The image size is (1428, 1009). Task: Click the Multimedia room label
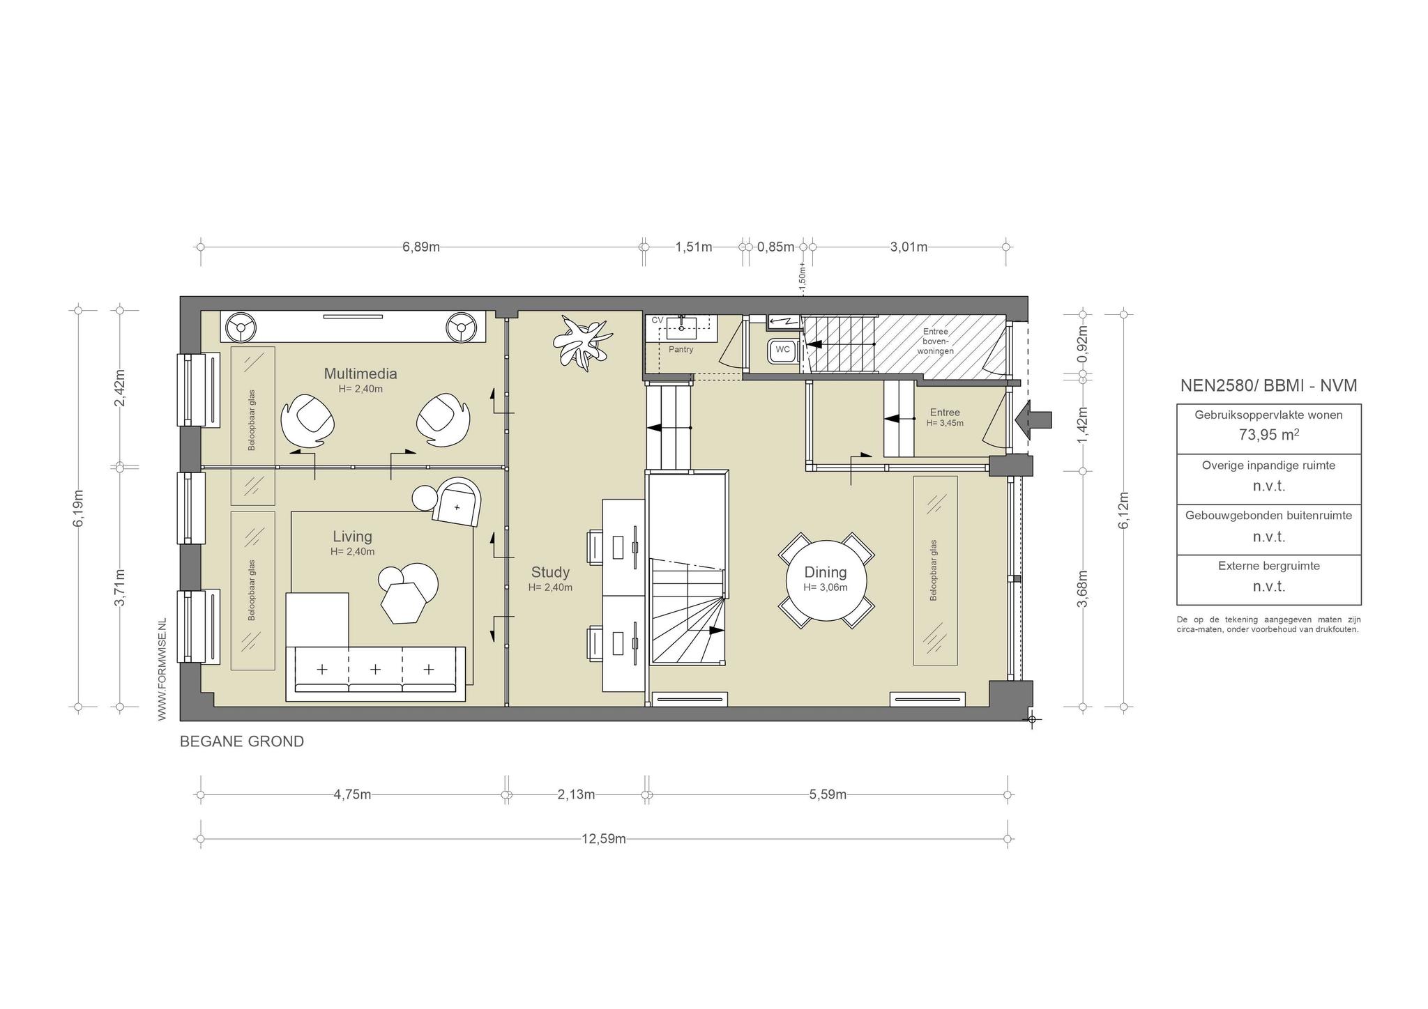pyautogui.click(x=360, y=373)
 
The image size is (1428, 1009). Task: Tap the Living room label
pyautogui.click(x=352, y=537)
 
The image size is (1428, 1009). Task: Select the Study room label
pyautogui.click(x=550, y=572)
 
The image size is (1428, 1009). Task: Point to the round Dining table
pyautogui.click(x=826, y=580)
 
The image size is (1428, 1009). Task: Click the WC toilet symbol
pyautogui.click(x=782, y=350)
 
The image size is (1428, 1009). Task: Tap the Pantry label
pyautogui.click(x=681, y=349)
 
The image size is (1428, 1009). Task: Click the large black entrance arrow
pyautogui.click(x=1033, y=419)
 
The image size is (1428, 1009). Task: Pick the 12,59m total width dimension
pyautogui.click(x=604, y=839)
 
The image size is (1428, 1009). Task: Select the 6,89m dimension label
pyautogui.click(x=421, y=247)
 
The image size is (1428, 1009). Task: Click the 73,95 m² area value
pyautogui.click(x=1268, y=435)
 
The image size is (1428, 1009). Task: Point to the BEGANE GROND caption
pyautogui.click(x=242, y=741)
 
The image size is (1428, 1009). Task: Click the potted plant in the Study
pyautogui.click(x=584, y=341)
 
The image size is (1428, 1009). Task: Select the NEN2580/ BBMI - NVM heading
pyautogui.click(x=1268, y=385)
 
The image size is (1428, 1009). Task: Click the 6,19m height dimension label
pyautogui.click(x=78, y=509)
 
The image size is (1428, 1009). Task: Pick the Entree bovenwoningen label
pyautogui.click(x=935, y=341)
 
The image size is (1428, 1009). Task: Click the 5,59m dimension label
pyautogui.click(x=828, y=794)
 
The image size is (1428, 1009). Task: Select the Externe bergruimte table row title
pyautogui.click(x=1269, y=566)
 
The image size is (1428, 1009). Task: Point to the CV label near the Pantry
pyautogui.click(x=657, y=320)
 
